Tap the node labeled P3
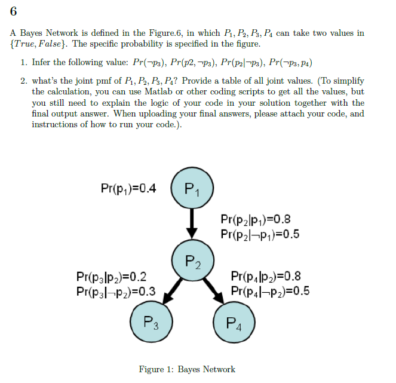tap(151, 324)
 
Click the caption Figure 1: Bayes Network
tap(187, 369)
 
